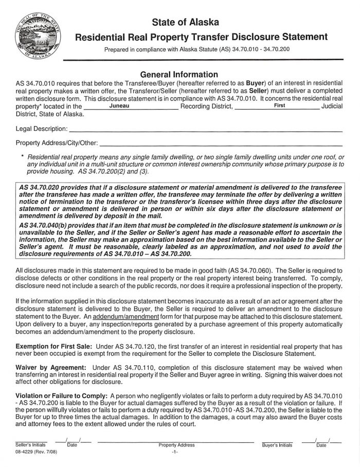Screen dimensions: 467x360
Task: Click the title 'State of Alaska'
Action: click(x=186, y=22)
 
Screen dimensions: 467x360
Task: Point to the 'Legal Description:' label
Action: click(x=42, y=128)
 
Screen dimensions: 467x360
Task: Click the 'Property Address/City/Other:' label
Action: click(x=56, y=142)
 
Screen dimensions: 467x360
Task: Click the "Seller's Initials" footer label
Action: click(x=31, y=444)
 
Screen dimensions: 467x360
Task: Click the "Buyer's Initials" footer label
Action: click(x=277, y=444)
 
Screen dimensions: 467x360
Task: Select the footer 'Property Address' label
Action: click(x=176, y=444)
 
